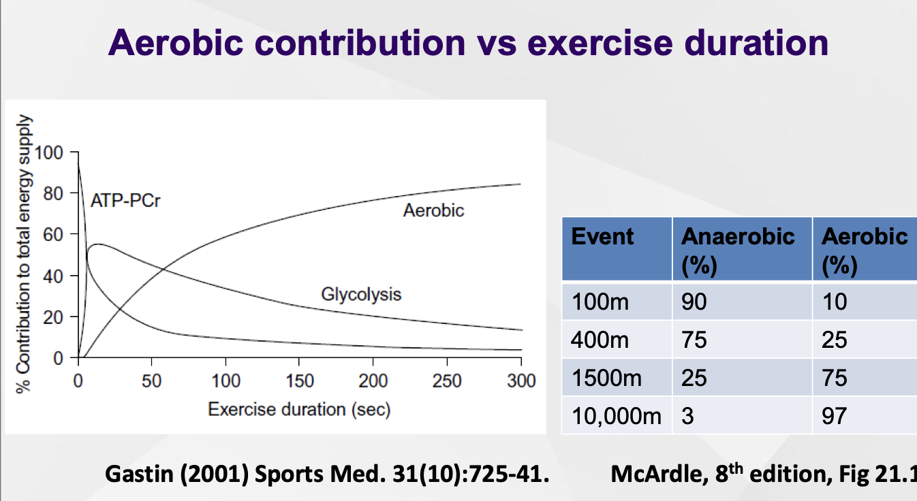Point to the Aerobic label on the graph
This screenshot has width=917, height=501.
(433, 210)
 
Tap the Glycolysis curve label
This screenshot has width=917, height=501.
(361, 294)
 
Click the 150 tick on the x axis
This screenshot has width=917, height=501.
(299, 381)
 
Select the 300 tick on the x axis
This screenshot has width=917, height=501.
(521, 381)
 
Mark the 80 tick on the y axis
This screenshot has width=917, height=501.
(52, 193)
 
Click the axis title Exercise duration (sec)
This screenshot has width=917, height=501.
(299, 410)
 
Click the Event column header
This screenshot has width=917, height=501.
(602, 237)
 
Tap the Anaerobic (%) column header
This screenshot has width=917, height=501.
(738, 248)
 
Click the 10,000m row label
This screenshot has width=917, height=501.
(617, 415)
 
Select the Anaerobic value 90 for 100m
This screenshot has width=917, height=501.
(694, 301)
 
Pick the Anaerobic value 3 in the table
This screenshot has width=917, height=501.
(687, 415)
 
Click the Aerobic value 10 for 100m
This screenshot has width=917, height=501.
(835, 301)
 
